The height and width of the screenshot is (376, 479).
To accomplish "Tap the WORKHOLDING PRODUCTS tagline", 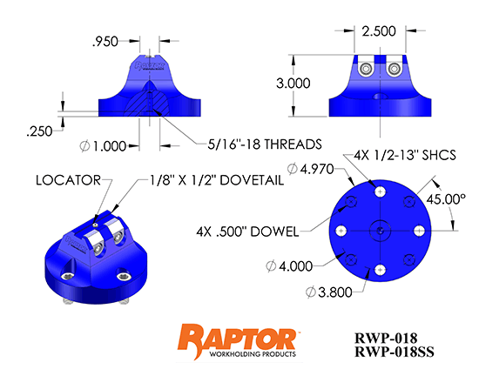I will coord(237,355).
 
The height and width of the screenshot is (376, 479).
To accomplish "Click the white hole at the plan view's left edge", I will coord(341,231).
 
